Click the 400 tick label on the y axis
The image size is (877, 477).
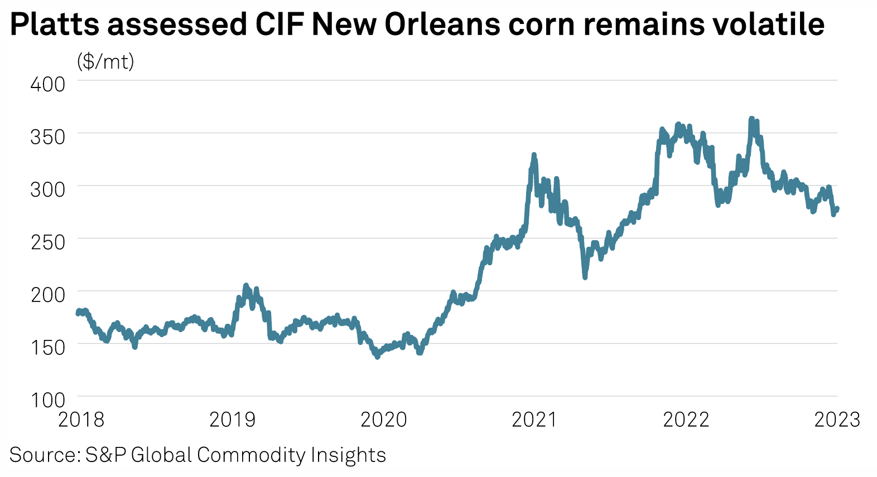tap(47, 84)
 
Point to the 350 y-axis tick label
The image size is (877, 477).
tap(47, 137)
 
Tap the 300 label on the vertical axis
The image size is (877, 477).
tap(47, 189)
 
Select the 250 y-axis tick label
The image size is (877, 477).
tap(47, 242)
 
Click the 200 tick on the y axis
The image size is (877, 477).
tap(47, 294)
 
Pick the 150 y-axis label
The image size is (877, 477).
tap(47, 347)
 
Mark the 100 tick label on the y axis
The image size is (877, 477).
tap(47, 400)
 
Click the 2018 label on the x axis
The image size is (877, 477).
tap(81, 419)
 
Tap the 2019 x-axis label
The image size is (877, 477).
tap(232, 419)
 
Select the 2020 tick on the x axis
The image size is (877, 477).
tap(384, 419)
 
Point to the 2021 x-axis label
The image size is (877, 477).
tap(534, 419)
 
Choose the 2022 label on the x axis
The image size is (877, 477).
tap(686, 419)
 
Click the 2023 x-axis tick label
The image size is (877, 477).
tap(837, 419)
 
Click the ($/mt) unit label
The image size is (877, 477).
tap(105, 61)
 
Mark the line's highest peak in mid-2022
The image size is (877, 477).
tap(751, 119)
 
